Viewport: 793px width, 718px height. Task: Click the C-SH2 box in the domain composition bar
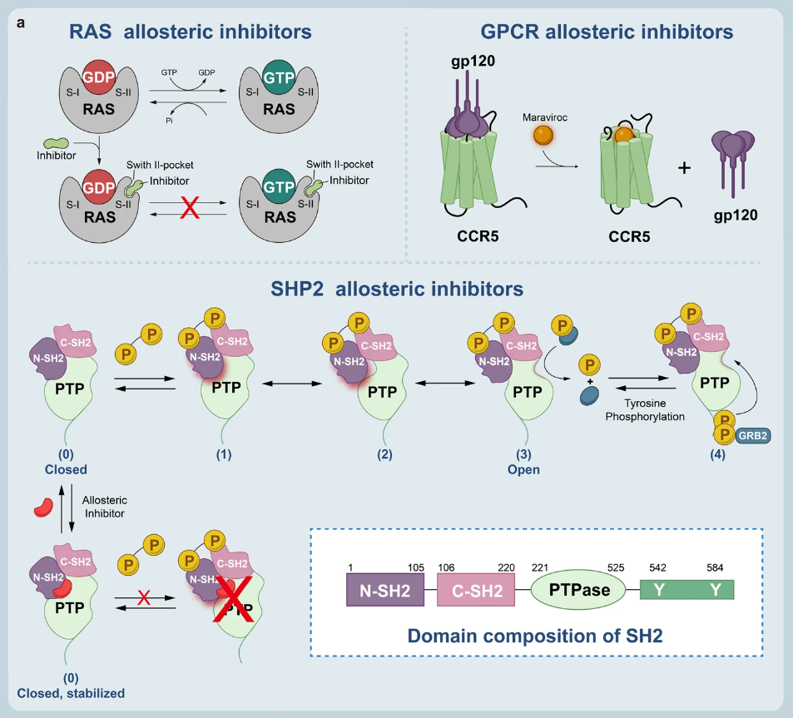click(x=483, y=591)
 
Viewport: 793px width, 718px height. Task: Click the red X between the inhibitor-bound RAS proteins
click(x=191, y=209)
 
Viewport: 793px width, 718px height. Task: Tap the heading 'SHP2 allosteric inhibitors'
click(x=397, y=289)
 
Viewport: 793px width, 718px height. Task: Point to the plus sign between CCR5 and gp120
click(x=685, y=168)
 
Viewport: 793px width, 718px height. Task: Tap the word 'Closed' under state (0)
click(x=66, y=469)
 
